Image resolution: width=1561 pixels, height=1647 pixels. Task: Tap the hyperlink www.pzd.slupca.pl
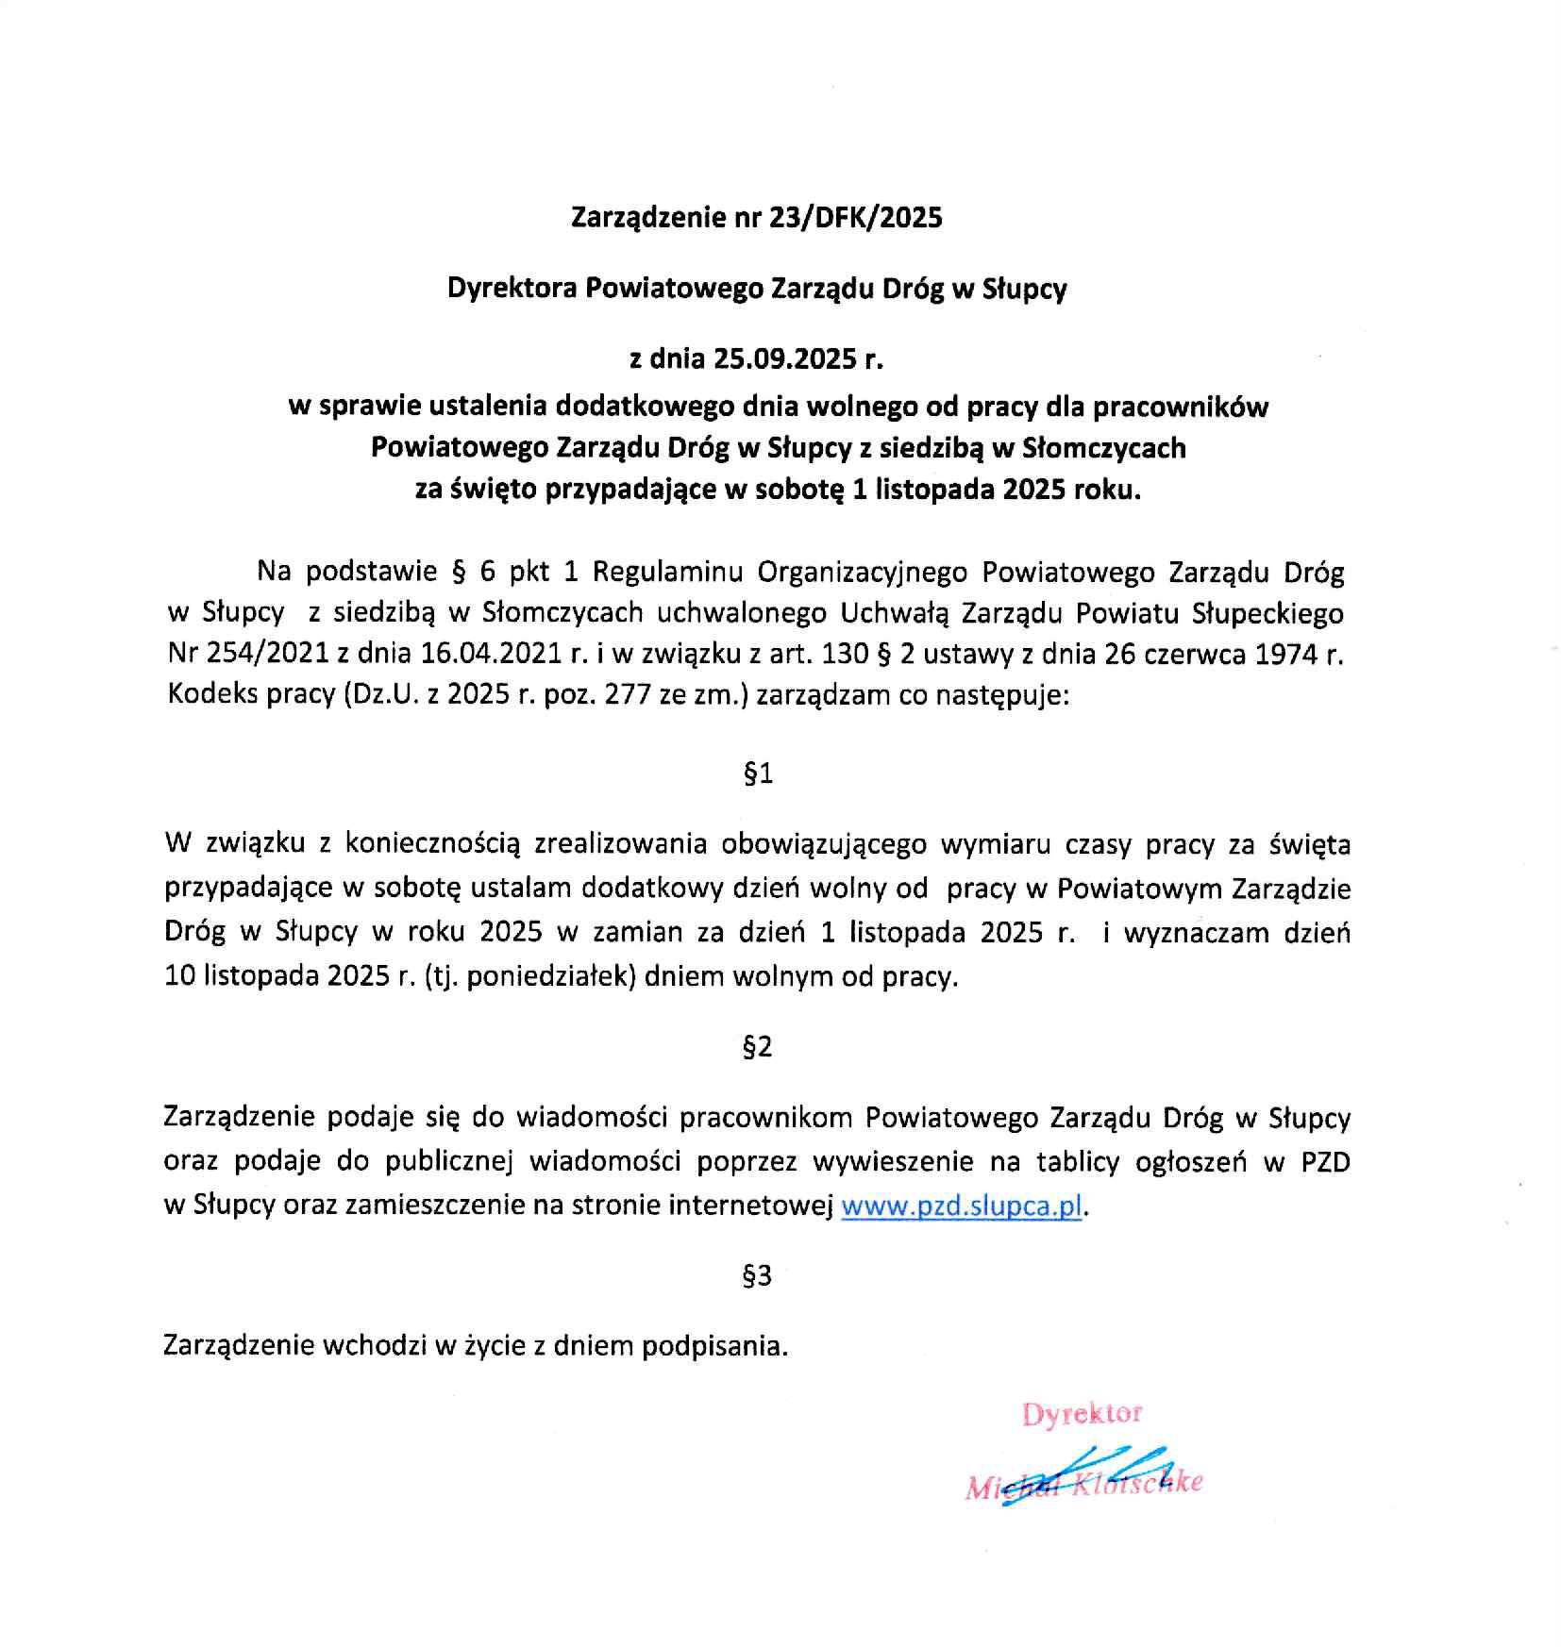[x=961, y=1207]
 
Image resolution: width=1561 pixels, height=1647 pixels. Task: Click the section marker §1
[x=759, y=774]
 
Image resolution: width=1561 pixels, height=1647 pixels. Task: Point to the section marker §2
[x=758, y=1047]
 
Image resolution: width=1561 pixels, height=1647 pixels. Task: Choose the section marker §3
[x=758, y=1276]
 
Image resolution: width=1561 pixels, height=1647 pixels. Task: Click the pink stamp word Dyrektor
[x=1083, y=1413]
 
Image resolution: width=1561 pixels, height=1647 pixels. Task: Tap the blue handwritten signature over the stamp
[x=1095, y=1476]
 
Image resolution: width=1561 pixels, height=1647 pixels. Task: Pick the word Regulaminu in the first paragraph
[x=669, y=573]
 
